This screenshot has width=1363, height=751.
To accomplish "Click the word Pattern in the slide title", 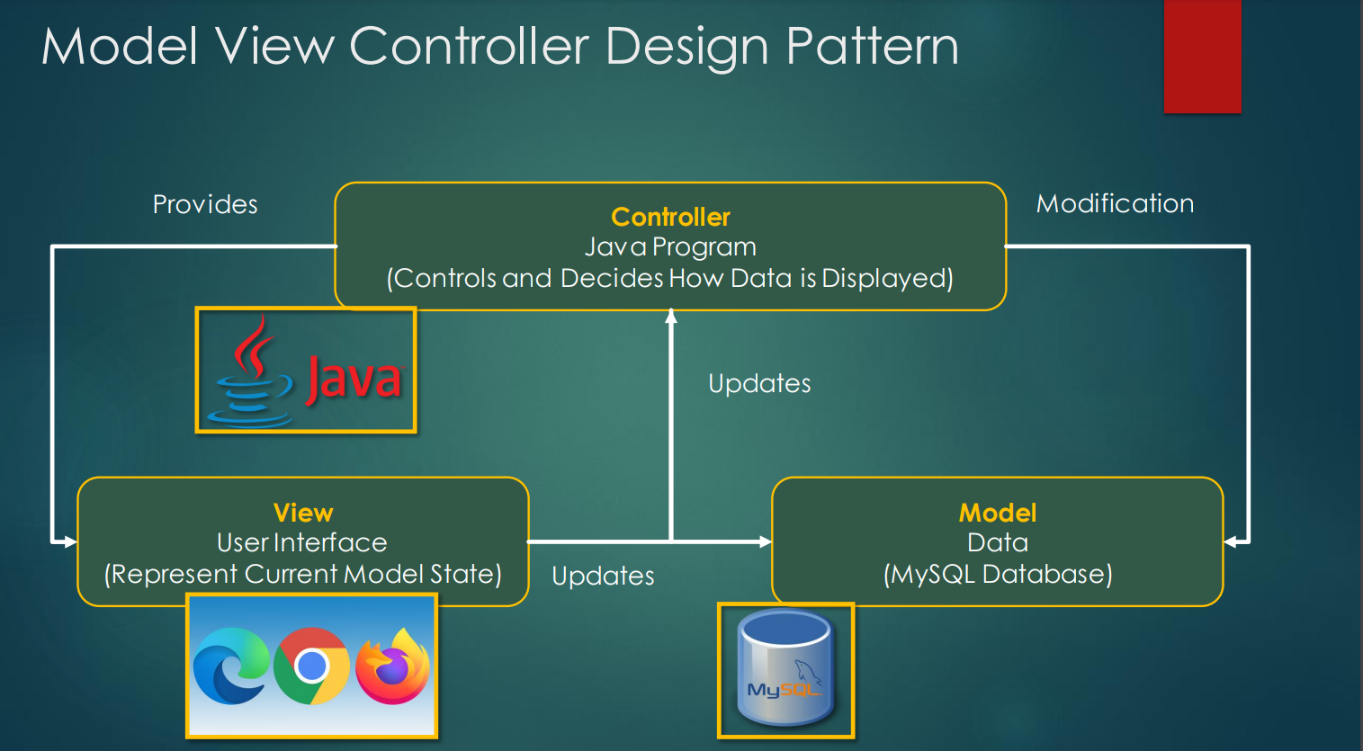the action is [x=873, y=46].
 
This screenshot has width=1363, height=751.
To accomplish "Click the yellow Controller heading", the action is [x=670, y=217].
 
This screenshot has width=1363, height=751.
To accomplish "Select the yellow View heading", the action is [x=303, y=513].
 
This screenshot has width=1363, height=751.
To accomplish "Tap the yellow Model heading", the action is [x=998, y=513].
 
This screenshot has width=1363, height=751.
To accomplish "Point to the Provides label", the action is [x=205, y=204].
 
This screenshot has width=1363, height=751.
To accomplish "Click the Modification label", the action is [x=1115, y=203].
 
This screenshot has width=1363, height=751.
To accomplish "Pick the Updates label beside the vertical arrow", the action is [x=759, y=384].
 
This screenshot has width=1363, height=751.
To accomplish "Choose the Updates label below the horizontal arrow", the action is [x=603, y=576].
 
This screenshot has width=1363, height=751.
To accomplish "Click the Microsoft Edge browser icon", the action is [x=230, y=666].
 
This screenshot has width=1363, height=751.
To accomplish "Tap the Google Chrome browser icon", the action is [x=311, y=666].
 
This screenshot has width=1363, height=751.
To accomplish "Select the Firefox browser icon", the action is [x=392, y=666].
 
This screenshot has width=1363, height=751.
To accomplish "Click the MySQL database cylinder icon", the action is [x=785, y=668].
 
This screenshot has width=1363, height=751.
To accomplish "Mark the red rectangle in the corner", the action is [x=1202, y=56].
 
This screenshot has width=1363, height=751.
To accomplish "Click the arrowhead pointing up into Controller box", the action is [x=671, y=316].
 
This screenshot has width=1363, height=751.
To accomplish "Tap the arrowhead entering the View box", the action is [x=70, y=541].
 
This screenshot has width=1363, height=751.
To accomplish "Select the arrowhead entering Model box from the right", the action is [x=1231, y=541].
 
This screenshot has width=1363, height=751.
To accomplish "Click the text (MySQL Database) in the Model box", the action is [x=998, y=574].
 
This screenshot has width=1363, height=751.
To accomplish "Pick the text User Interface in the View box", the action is [x=301, y=542].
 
